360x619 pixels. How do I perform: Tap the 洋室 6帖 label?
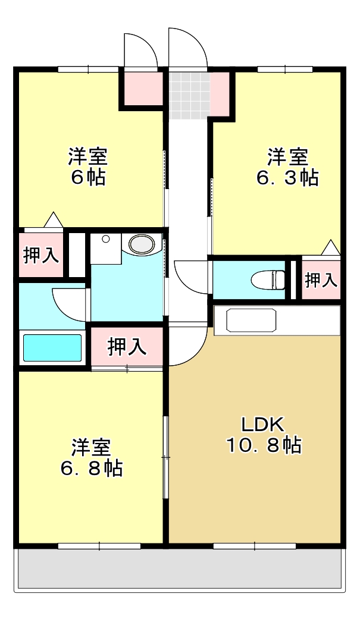pyautogui.click(x=87, y=167)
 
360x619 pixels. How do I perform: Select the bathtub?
pyautogui.click(x=52, y=348)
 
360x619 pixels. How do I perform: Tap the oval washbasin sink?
pyautogui.click(x=142, y=244)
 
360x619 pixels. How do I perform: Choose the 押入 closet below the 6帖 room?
pyautogui.click(x=40, y=255)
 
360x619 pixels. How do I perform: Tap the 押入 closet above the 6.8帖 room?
pyautogui.click(x=127, y=347)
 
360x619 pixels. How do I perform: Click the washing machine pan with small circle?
pyautogui.click(x=105, y=249)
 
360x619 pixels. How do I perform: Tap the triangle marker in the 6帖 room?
pyautogui.click(x=54, y=220)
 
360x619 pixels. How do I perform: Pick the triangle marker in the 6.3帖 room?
pyautogui.click(x=330, y=247)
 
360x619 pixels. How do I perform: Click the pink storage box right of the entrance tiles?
pyautogui.click(x=220, y=94)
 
